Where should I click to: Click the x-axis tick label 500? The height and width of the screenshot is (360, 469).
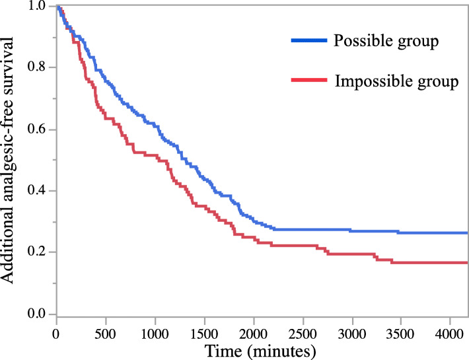pos(106,330)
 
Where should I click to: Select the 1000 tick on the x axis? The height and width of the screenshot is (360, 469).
pos(155,330)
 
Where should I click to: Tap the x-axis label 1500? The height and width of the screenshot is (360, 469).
pos(205,330)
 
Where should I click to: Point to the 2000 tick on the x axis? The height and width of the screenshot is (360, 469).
pos(254,330)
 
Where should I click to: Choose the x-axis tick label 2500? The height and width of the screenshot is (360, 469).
pos(303,330)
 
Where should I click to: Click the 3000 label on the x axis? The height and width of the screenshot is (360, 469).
pos(353,330)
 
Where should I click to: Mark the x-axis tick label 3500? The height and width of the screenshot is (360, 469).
pos(402,330)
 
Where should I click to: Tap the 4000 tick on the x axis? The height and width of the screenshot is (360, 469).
pos(451,330)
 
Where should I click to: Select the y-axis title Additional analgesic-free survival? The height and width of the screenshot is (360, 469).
pos(12,161)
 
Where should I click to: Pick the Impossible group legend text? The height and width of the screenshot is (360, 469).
pos(396,82)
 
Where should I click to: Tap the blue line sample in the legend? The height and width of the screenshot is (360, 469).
pos(308,41)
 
